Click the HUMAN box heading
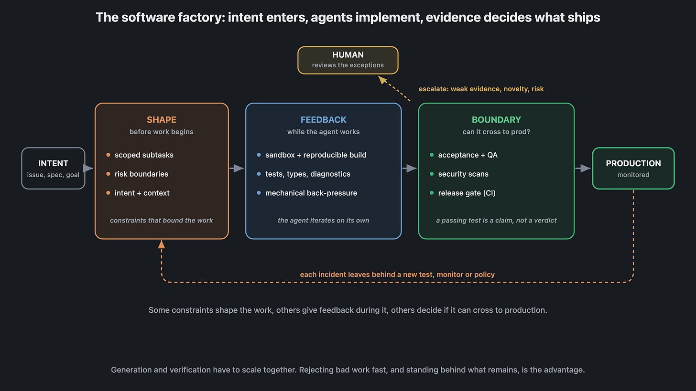(x=348, y=55)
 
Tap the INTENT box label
(x=53, y=164)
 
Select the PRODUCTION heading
(x=633, y=164)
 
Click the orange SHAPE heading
(x=162, y=120)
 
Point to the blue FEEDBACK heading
(x=324, y=120)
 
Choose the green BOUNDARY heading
(x=496, y=120)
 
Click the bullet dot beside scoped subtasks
(x=108, y=155)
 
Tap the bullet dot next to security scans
(x=432, y=174)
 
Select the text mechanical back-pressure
(x=311, y=193)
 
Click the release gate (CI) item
(x=467, y=193)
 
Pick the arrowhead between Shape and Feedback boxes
(x=239, y=168)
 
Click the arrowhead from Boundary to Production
(x=586, y=168)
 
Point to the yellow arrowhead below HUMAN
(x=382, y=80)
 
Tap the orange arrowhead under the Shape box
(x=161, y=244)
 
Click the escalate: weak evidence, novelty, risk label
(x=481, y=89)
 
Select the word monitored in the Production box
(x=633, y=175)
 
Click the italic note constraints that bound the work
(x=161, y=221)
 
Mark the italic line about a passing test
(x=496, y=221)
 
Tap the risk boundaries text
(x=141, y=174)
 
